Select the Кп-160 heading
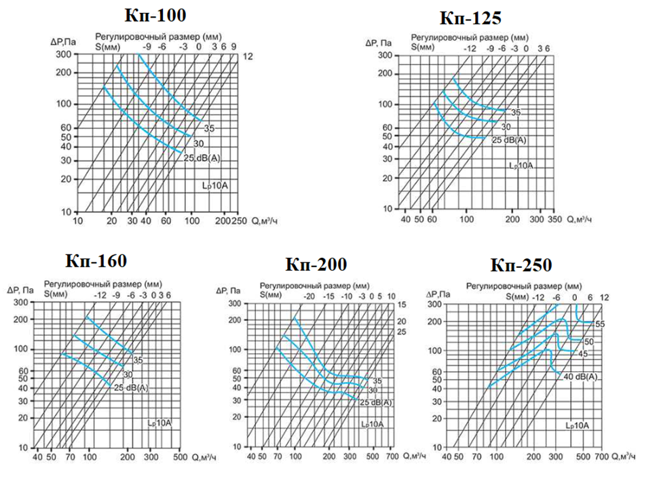(x=96, y=260)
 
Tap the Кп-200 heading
(x=316, y=264)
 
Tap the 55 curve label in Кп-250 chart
(x=599, y=324)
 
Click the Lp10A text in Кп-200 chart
(x=372, y=425)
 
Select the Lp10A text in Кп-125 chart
(x=521, y=165)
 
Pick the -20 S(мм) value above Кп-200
(x=309, y=296)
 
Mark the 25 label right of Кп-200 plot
(x=401, y=332)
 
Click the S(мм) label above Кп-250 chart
(x=518, y=297)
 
